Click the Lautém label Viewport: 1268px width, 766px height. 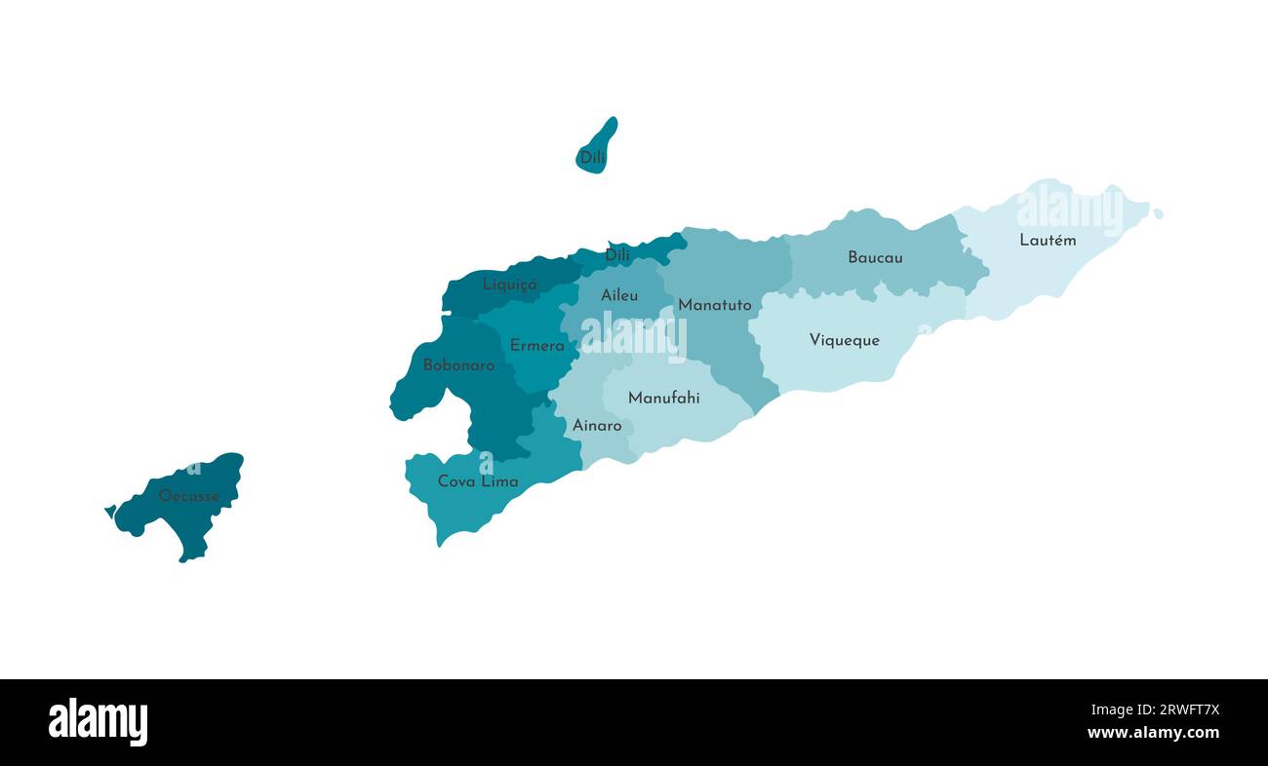click(x=1048, y=240)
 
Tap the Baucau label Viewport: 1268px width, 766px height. click(x=875, y=258)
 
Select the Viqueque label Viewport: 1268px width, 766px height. click(x=844, y=340)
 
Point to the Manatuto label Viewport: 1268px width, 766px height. click(x=715, y=305)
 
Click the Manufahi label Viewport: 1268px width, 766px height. click(x=663, y=398)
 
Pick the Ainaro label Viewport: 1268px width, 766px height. click(x=597, y=426)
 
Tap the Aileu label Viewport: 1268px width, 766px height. click(x=619, y=295)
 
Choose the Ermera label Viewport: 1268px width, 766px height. click(x=536, y=346)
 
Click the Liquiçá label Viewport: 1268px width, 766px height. click(x=510, y=285)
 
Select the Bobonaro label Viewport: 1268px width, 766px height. click(x=458, y=365)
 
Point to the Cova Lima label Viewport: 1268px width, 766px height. click(x=478, y=481)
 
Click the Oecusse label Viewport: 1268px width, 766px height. click(x=189, y=496)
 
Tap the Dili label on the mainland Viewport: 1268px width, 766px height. click(x=617, y=255)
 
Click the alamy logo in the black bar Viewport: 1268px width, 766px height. click(x=98, y=722)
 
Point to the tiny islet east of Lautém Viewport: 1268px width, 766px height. click(x=1158, y=213)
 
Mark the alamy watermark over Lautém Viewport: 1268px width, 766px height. click(x=1069, y=209)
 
